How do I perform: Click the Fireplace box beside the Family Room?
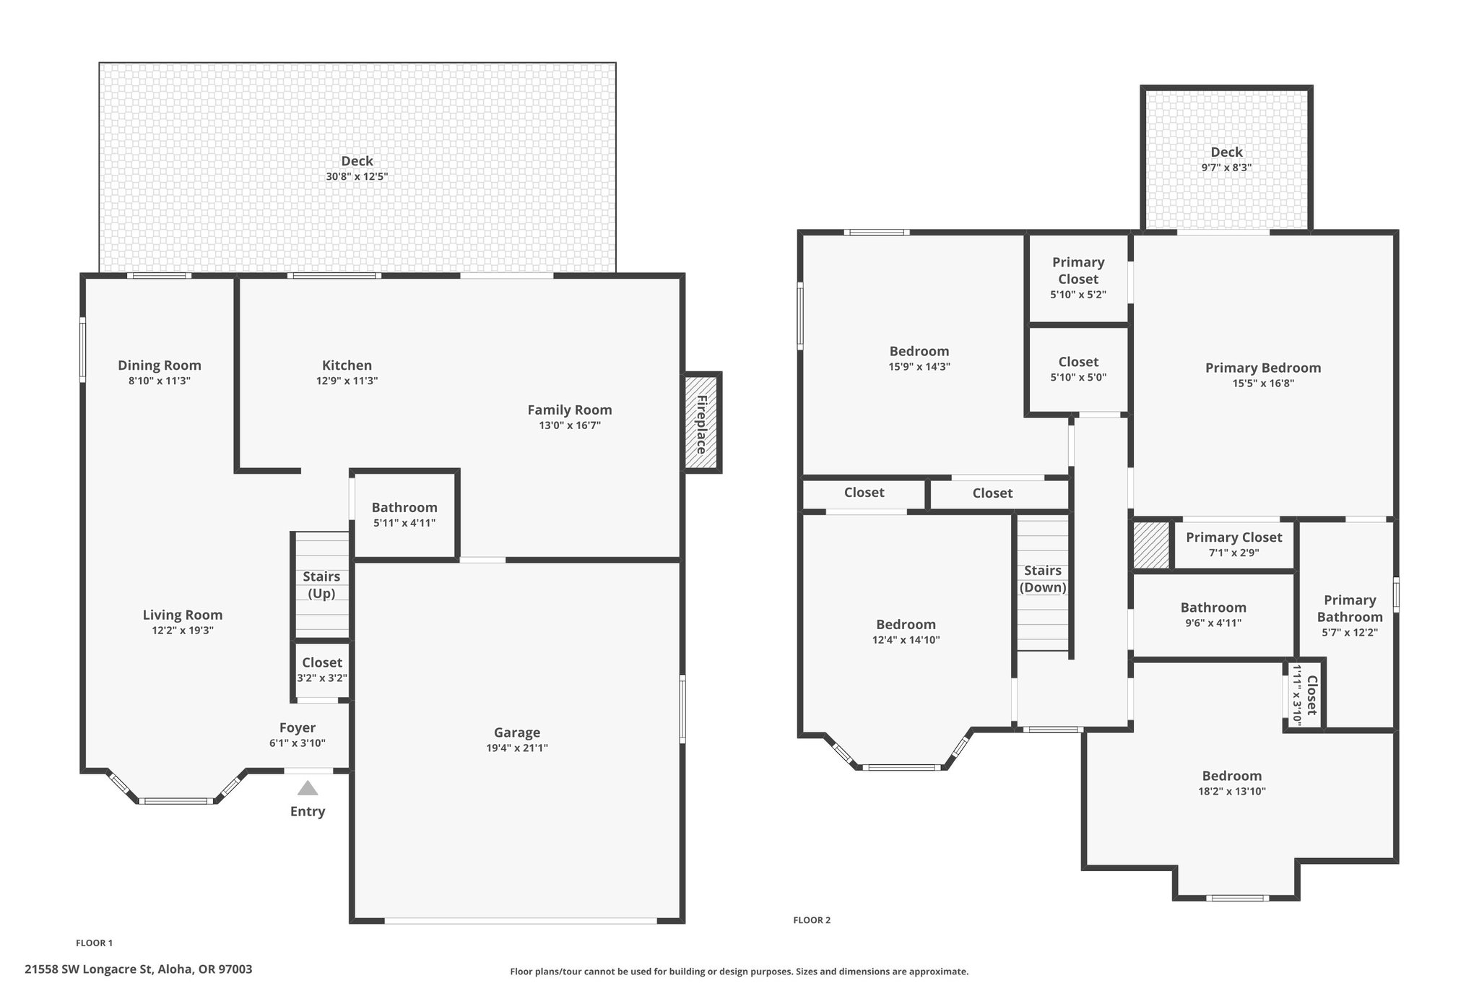(702, 423)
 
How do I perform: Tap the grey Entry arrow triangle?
(308, 788)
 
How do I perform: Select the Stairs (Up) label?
(321, 584)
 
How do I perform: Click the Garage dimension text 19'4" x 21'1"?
(517, 748)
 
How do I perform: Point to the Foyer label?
(298, 727)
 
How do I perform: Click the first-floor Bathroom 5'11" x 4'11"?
(404, 514)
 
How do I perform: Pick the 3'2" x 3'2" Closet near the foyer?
(322, 670)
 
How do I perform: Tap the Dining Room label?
(160, 366)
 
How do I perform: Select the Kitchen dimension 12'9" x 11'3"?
(347, 381)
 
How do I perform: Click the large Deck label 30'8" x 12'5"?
(357, 168)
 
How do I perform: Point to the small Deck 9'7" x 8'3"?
(1226, 159)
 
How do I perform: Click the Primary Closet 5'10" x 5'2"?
(1078, 277)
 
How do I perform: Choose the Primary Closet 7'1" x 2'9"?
(1233, 544)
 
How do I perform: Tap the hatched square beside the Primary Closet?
(1150, 545)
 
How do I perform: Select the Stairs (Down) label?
(1043, 579)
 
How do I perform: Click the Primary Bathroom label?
(1350, 608)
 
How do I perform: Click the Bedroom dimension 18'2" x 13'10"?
(1231, 791)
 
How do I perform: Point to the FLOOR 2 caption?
(812, 920)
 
